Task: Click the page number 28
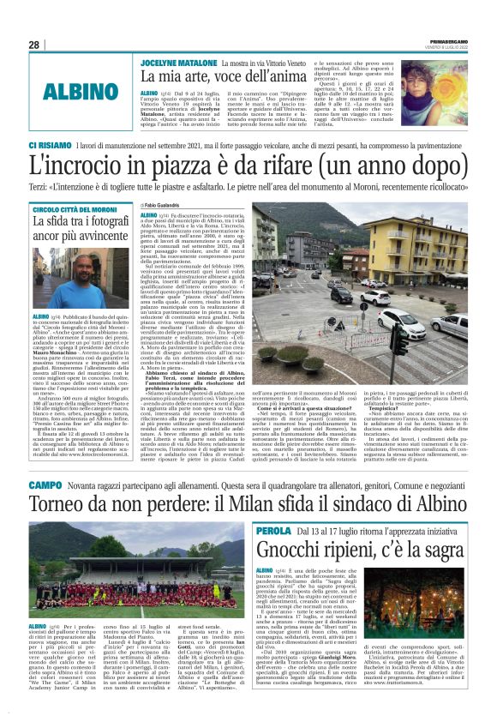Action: pos(34,45)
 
